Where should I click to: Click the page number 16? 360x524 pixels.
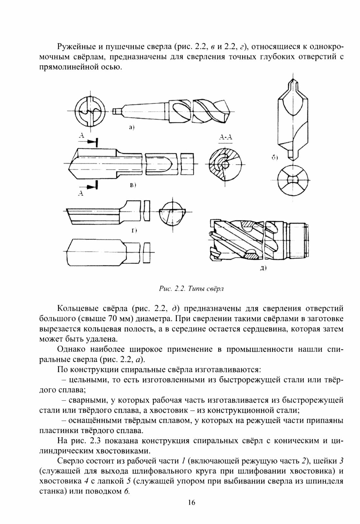192,511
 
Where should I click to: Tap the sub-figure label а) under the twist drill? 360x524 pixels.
131,128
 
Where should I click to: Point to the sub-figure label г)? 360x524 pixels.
134,230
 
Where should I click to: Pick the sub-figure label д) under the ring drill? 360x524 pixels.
263,268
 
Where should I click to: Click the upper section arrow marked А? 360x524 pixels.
92,141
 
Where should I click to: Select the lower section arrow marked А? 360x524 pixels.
92,185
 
